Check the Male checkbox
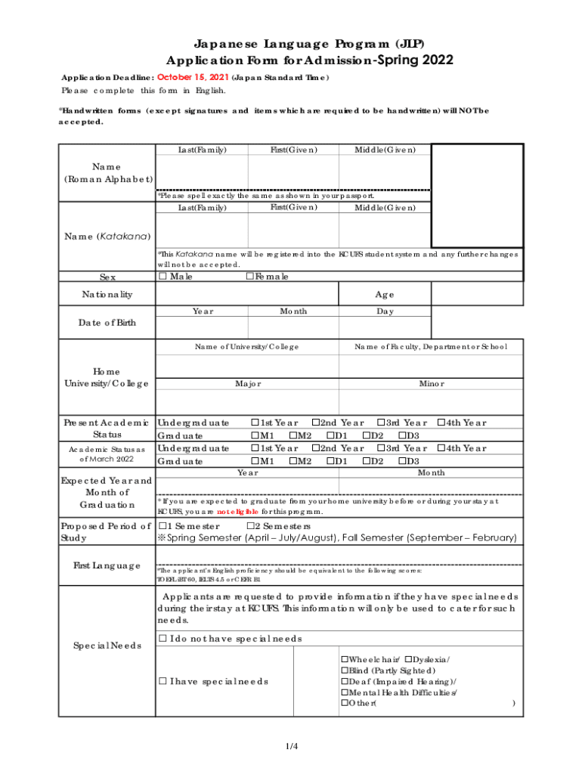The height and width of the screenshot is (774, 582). tap(163, 277)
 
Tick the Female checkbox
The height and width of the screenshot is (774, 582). tap(250, 277)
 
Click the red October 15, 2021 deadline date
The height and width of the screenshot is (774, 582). tap(192, 77)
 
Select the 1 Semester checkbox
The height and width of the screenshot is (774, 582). tap(163, 526)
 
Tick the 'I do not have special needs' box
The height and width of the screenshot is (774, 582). tap(163, 639)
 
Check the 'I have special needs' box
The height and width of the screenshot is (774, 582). tap(163, 681)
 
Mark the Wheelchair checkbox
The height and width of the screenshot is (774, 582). tap(345, 659)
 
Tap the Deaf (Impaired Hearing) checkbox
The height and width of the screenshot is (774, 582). tap(345, 681)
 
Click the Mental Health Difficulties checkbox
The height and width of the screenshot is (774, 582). tap(345, 692)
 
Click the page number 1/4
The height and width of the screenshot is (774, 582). tap(292, 747)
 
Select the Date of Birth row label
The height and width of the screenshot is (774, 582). tap(107, 324)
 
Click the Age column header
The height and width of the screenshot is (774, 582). tap(385, 295)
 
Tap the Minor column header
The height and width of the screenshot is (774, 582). tap(432, 384)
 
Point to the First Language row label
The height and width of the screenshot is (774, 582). tap(107, 565)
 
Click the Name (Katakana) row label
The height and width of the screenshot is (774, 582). tap(107, 237)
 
